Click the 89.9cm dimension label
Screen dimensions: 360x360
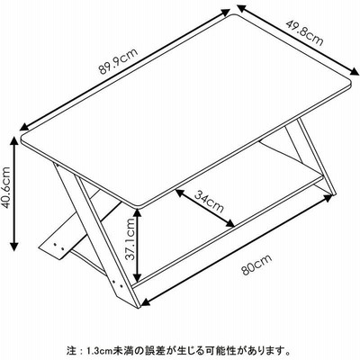click(x=118, y=61)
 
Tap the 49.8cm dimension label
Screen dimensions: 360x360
click(x=304, y=33)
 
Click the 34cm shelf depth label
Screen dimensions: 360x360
click(x=209, y=202)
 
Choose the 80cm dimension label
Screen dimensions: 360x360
click(x=256, y=265)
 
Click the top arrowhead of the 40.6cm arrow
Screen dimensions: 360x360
click(x=14, y=140)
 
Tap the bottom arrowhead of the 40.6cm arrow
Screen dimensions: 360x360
click(x=14, y=247)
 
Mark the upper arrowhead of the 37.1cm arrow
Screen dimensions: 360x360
click(x=138, y=212)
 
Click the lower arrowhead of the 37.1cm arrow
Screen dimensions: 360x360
click(x=138, y=277)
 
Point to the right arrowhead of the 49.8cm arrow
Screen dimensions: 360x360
click(x=355, y=72)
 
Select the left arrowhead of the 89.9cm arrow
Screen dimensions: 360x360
click(x=24, y=127)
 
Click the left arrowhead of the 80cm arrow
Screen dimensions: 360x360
click(x=146, y=301)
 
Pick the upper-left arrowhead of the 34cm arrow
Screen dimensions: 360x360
click(x=180, y=193)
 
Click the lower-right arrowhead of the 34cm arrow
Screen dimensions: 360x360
click(x=229, y=223)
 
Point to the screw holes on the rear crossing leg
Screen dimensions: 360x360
click(x=58, y=247)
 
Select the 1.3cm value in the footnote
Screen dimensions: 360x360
click(x=95, y=350)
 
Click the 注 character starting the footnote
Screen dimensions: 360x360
click(x=70, y=350)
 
